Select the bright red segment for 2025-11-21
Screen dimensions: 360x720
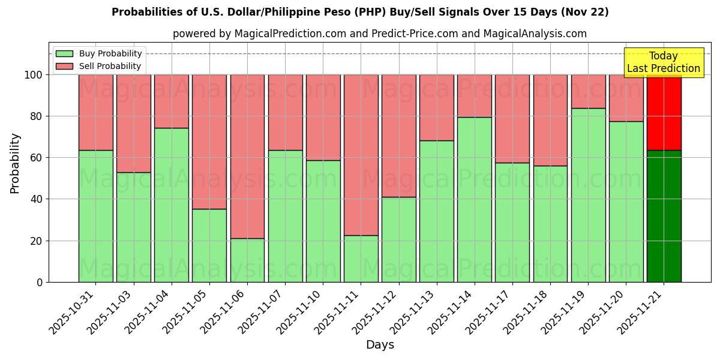point(664,112)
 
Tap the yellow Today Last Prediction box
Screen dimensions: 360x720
point(663,62)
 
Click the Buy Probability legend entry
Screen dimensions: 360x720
point(99,53)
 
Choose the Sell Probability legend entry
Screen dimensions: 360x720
point(99,66)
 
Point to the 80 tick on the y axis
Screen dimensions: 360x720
point(37,116)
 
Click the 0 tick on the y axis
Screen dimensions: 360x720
point(40,282)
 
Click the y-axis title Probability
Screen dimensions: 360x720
point(15,163)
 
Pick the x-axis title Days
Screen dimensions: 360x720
point(380,345)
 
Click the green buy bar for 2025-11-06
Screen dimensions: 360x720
point(247,260)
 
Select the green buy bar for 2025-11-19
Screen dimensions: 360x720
point(588,195)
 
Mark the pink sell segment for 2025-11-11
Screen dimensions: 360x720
point(361,155)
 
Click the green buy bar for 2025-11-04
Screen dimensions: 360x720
point(172,205)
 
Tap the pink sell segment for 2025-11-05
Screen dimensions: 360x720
point(209,142)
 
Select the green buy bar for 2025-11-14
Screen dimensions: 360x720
point(474,199)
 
